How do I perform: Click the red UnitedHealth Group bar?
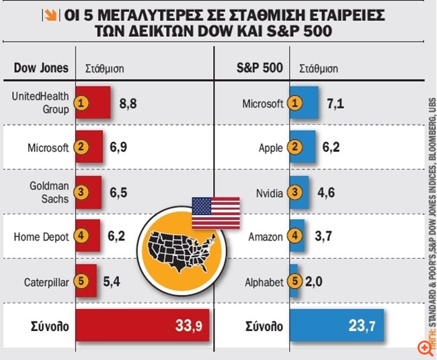coord(93,102)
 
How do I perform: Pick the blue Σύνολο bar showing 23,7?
coord(336,326)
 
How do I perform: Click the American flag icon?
coord(215,213)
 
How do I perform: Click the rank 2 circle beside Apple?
coord(294,146)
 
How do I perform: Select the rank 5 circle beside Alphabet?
coord(294,281)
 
